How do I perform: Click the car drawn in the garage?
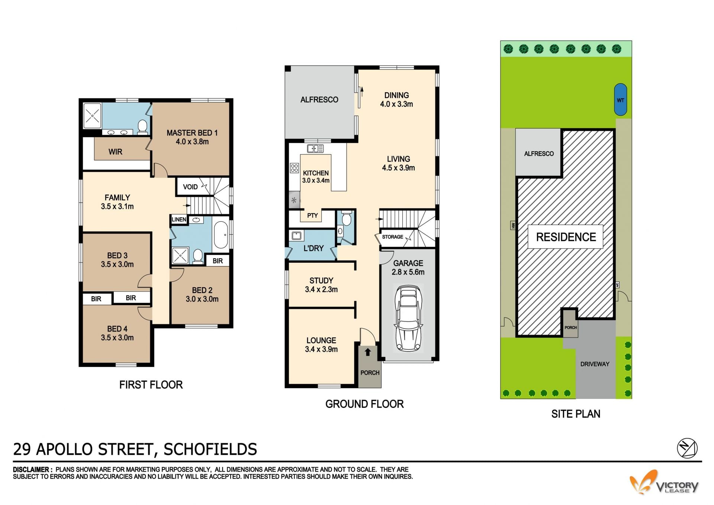[408, 318]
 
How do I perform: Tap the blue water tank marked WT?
[620, 99]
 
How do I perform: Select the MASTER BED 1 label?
[192, 133]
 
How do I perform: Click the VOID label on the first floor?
[190, 187]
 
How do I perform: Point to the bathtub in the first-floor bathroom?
[221, 235]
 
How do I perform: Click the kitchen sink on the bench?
[315, 149]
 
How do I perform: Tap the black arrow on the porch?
[368, 352]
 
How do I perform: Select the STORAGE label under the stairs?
[392, 237]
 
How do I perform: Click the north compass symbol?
[687, 448]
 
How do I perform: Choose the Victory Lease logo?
[664, 483]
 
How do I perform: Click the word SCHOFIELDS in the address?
[210, 449]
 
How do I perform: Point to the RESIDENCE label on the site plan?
[566, 237]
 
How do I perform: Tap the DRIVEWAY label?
[595, 364]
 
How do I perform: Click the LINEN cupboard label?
[179, 220]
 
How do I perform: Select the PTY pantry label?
[312, 215]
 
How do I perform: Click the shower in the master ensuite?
[92, 115]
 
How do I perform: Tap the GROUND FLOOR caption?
[364, 404]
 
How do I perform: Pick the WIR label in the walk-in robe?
[115, 152]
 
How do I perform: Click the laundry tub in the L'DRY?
[297, 236]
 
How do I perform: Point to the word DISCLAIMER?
[31, 470]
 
